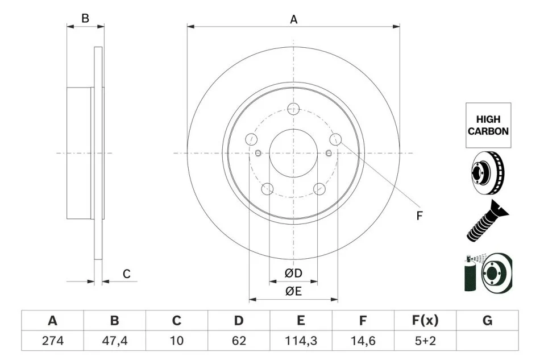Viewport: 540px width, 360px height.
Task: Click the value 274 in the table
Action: (52, 342)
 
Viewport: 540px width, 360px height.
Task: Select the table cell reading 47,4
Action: (114, 342)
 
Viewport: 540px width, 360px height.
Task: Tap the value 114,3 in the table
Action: (301, 342)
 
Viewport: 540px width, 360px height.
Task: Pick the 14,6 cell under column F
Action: (363, 342)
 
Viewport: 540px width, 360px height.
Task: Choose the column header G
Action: (487, 321)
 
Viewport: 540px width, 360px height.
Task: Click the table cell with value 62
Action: (239, 342)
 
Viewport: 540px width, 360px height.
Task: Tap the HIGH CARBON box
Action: (488, 125)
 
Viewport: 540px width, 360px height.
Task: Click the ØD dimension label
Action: (293, 274)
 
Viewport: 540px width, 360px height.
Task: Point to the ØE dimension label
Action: (293, 291)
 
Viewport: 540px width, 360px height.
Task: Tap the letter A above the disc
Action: (294, 19)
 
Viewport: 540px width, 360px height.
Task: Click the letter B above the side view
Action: (85, 18)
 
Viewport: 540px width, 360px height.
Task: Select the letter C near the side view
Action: (127, 274)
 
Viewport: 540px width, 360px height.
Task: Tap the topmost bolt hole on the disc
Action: (293, 109)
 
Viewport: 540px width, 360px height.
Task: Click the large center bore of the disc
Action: (293, 153)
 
